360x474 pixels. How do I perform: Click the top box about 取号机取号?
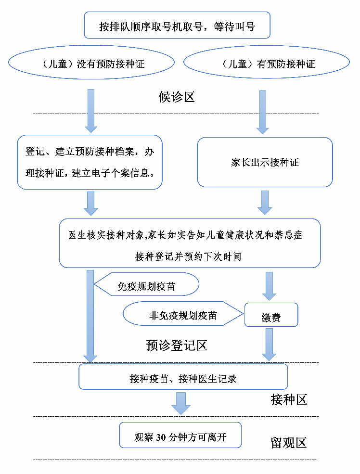point(177,26)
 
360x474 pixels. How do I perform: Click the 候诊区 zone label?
point(177,97)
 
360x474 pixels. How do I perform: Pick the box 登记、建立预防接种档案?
point(90,162)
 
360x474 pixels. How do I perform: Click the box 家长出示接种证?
point(265,162)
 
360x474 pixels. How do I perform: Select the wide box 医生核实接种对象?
point(190,243)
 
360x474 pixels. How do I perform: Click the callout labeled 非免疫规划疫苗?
point(183,315)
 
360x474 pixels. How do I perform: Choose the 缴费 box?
point(271,317)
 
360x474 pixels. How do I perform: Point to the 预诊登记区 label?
point(177,346)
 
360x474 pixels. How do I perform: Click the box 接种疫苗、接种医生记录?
point(183,378)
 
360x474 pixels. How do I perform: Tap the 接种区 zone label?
point(289,399)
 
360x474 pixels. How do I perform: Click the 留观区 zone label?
point(289,443)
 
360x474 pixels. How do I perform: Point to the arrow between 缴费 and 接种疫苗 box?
point(269,345)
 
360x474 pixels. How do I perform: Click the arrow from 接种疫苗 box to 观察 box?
point(181,403)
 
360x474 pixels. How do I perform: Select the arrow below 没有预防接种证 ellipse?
point(90,111)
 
